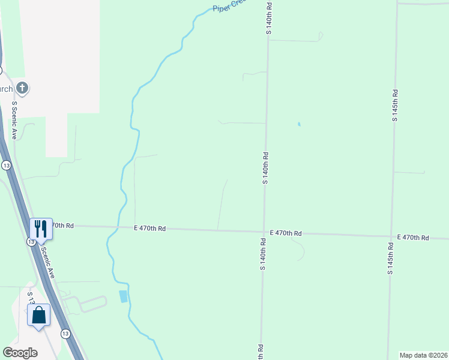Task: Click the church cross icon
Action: (23, 89)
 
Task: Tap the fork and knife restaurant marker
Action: (41, 229)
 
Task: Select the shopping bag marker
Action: (39, 314)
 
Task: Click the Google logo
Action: (20, 353)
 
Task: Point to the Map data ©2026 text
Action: (423, 355)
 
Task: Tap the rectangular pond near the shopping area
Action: (124, 296)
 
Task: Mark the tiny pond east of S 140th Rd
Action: (298, 125)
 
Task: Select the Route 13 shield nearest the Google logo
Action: (64, 333)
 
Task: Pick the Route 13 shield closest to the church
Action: (6, 165)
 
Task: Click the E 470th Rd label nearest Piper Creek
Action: (150, 229)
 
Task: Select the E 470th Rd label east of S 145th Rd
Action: (414, 238)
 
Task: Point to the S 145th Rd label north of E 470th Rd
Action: (395, 106)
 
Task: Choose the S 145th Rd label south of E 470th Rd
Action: (391, 259)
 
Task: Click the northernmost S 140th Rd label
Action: (270, 18)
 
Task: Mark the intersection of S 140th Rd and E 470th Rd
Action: (264, 232)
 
